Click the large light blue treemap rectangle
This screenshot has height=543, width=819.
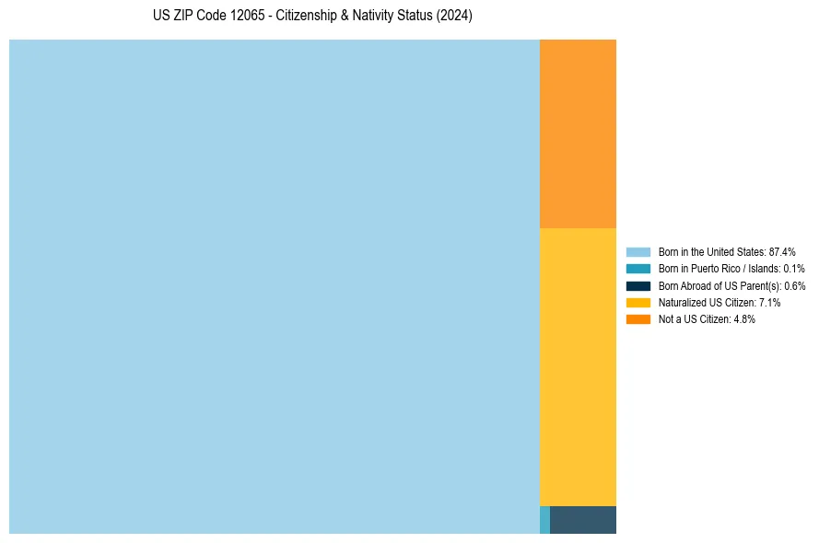coord(274,286)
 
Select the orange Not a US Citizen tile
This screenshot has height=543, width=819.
coord(578,133)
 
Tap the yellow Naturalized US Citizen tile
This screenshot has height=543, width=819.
coord(578,366)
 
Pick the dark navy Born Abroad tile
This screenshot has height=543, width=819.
coord(583,520)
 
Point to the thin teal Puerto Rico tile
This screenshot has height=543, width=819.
coord(544,520)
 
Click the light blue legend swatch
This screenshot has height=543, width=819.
coord(638,251)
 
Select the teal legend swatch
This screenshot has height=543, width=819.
coord(638,269)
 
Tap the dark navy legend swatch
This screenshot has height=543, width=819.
coord(638,285)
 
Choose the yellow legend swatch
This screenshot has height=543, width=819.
coord(638,302)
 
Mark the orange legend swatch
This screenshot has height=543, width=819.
coord(638,319)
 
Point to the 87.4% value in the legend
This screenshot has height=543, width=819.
coord(782,251)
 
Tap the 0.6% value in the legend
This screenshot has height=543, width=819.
coord(794,285)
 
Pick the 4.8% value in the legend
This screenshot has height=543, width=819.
coord(744,319)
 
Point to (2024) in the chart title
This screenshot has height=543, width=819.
coord(452,16)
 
